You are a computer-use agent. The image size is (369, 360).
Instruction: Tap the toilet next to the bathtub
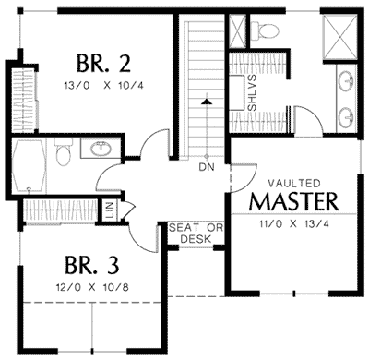63,153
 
